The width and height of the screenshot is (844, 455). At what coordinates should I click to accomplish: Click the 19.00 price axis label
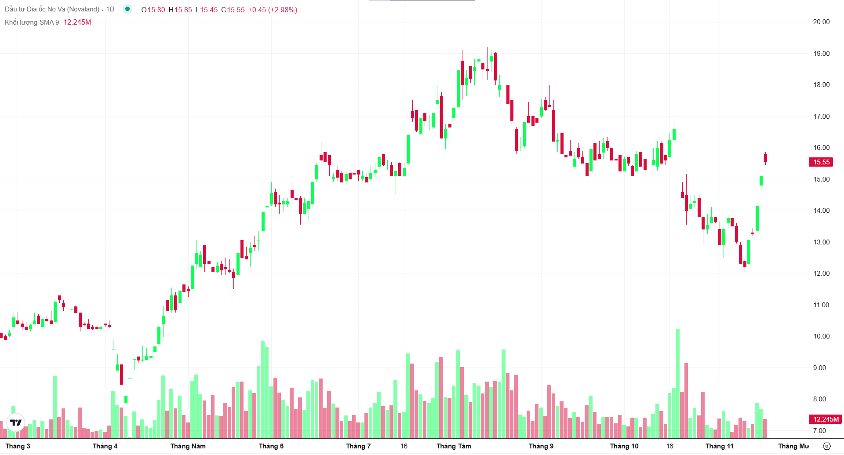[x=821, y=54]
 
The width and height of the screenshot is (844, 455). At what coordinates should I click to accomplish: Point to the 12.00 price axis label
[x=821, y=273]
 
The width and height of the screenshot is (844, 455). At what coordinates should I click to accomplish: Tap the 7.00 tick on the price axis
[x=819, y=431]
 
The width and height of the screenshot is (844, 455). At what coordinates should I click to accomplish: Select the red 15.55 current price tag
[x=821, y=162]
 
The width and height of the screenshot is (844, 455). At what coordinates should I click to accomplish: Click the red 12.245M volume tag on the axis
[x=825, y=419]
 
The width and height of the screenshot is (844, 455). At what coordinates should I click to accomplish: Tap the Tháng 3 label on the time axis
[x=18, y=446]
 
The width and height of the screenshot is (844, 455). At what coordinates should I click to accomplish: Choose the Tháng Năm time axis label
[x=188, y=446]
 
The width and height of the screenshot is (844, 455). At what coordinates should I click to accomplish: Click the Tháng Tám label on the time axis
[x=454, y=446]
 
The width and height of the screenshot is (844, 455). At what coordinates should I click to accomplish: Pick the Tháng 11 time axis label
[x=719, y=446]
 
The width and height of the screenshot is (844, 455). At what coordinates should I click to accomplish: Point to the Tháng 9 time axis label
[x=541, y=446]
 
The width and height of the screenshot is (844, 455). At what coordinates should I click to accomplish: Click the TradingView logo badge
[x=16, y=422]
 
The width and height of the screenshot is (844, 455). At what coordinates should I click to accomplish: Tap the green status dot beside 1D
[x=127, y=9]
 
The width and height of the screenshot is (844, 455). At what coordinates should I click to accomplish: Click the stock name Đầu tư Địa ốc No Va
[x=52, y=9]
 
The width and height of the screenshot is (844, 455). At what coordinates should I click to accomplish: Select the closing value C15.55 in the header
[x=233, y=10]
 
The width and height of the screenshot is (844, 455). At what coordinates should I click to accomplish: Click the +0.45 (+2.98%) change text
[x=273, y=10]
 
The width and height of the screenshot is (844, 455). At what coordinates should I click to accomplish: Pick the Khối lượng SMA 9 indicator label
[x=32, y=22]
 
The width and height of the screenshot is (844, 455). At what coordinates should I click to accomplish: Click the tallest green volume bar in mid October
[x=678, y=382]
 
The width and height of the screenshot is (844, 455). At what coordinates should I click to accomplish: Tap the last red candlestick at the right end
[x=765, y=158]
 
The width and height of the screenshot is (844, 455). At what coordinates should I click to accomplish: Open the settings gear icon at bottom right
[x=826, y=446]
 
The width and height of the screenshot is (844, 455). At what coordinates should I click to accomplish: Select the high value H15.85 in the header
[x=180, y=10]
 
